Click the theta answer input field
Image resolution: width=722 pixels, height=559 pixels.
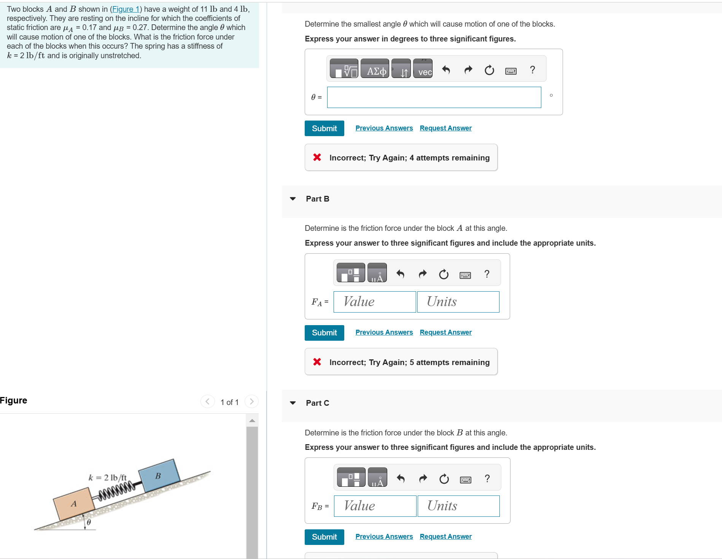(434, 97)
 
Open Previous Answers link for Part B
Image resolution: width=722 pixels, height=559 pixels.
(384, 332)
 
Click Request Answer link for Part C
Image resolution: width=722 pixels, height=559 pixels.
(445, 537)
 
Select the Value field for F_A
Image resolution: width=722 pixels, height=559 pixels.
(375, 302)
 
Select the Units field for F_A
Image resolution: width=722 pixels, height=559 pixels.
(458, 302)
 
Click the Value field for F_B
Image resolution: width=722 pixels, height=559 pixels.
(375, 506)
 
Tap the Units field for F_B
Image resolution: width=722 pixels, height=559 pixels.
(458, 506)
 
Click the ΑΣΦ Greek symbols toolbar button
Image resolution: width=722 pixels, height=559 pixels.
(375, 68)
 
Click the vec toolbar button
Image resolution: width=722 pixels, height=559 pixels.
(423, 68)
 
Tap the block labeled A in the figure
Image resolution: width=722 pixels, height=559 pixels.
(74, 504)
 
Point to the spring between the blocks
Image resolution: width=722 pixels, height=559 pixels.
(116, 490)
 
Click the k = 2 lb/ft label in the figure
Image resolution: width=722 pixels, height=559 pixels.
(107, 478)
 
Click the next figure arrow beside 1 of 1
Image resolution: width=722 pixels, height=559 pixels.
(251, 402)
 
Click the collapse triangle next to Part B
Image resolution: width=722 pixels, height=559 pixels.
(293, 199)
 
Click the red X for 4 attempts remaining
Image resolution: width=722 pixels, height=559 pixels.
(317, 157)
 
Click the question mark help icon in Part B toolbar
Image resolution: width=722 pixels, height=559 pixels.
(487, 274)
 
